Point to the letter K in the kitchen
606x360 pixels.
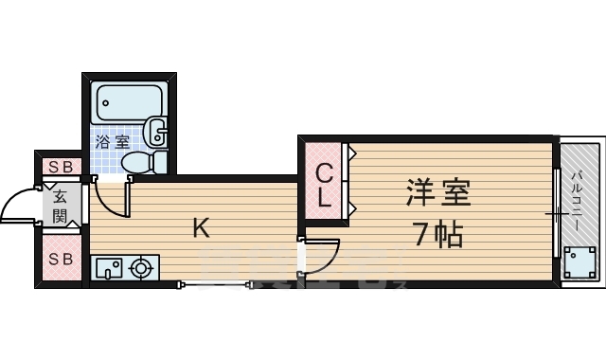pyautogui.click(x=201, y=227)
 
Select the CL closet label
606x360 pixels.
pyautogui.click(x=324, y=187)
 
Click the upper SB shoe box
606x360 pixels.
pyautogui.click(x=61, y=167)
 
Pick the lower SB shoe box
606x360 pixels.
pyautogui.click(x=61, y=259)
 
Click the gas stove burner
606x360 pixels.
pyautogui.click(x=142, y=268)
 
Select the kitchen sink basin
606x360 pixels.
pyautogui.click(x=110, y=268)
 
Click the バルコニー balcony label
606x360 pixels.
pyautogui.click(x=577, y=200)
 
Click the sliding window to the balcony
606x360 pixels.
pyautogui.click(x=554, y=212)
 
